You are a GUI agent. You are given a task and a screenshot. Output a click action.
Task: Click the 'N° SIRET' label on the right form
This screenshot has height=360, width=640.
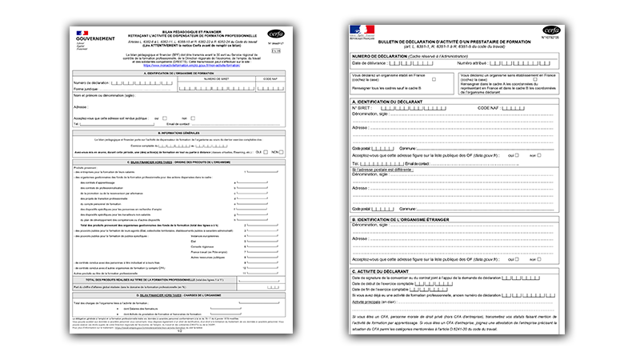tap(365, 107)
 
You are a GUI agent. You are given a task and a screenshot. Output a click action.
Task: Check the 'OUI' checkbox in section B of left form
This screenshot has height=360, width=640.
tap(266, 152)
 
